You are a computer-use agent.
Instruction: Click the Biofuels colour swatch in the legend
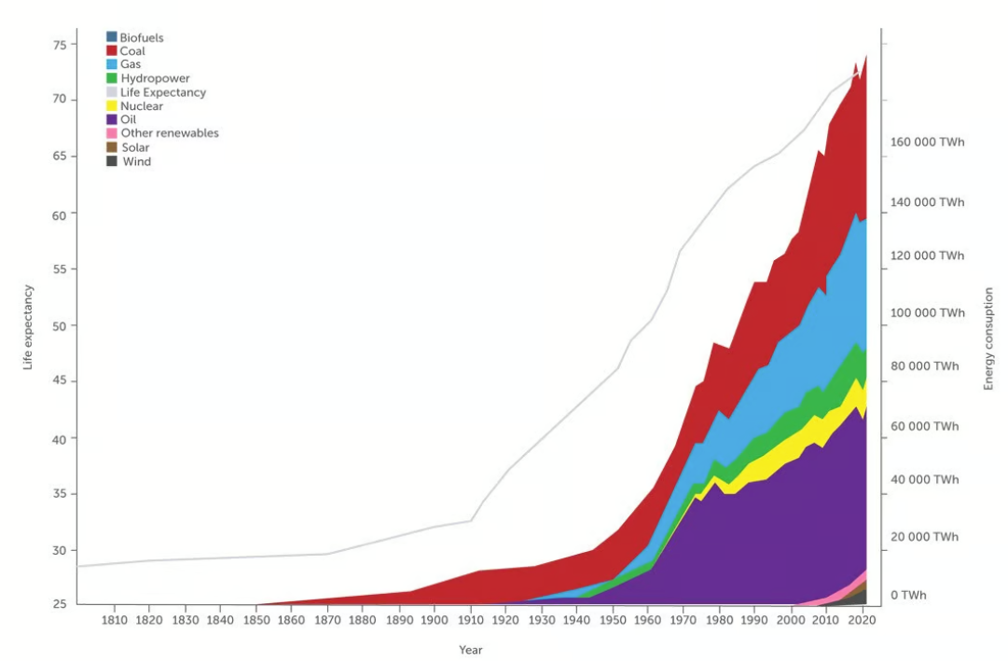[x=112, y=37]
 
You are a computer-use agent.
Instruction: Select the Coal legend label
[x=132, y=51]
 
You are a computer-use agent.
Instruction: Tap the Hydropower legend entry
[x=155, y=78]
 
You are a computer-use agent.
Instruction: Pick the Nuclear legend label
[x=142, y=106]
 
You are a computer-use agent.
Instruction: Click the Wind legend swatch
[x=112, y=161]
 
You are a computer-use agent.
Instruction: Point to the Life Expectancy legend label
[x=163, y=92]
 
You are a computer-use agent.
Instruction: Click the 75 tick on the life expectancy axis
[x=59, y=44]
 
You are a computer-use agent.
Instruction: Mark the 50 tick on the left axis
[x=59, y=326]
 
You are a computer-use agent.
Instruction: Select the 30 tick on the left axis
[x=59, y=550]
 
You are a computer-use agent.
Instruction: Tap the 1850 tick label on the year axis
[x=255, y=619]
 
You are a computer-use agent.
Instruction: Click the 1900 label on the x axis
[x=434, y=619]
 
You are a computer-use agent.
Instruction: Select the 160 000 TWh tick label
[x=927, y=144]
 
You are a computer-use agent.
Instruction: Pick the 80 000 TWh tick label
[x=924, y=366]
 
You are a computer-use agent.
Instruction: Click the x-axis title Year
[x=470, y=650]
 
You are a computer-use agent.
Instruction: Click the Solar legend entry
[x=135, y=147]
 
